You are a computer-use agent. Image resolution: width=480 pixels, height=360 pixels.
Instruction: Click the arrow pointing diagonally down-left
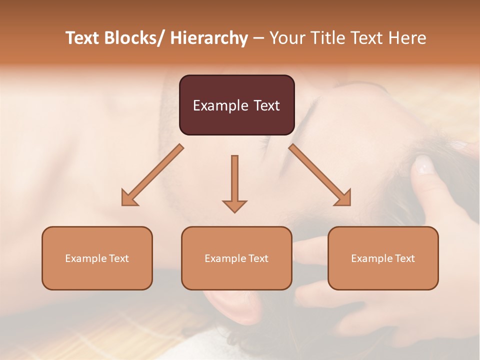[152, 175]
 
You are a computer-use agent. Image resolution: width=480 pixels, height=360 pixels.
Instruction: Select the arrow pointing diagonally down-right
[320, 175]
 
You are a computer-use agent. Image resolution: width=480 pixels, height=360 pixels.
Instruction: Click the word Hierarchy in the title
[209, 38]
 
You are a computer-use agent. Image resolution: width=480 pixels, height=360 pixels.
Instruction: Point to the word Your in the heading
[287, 38]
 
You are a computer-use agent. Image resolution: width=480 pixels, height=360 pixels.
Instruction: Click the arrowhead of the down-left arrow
[129, 198]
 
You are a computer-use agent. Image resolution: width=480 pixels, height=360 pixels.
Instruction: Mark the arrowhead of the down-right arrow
[343, 198]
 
